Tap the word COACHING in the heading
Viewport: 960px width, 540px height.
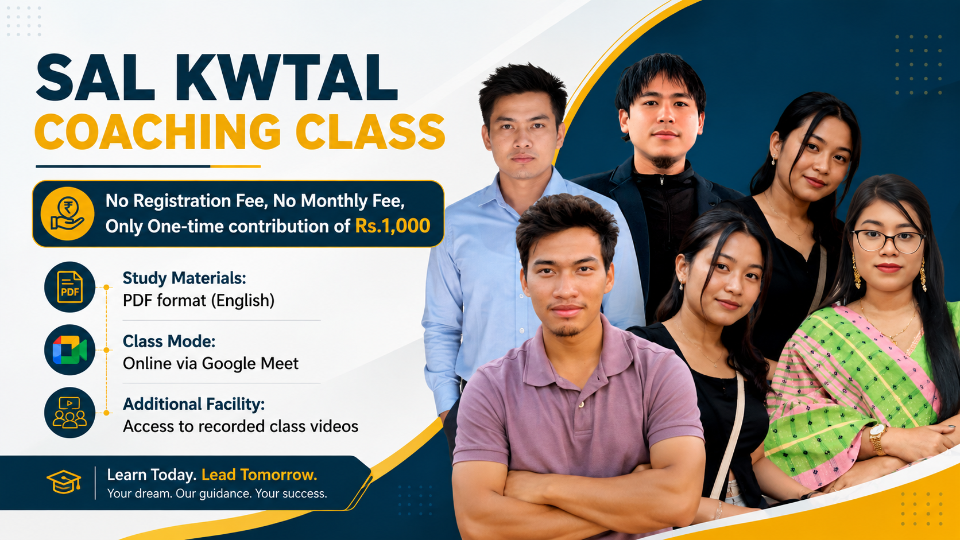pos(157,131)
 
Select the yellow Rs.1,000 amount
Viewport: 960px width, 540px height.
pos(393,226)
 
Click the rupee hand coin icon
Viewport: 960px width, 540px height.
pos(67,213)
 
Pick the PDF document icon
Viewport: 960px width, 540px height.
pos(70,286)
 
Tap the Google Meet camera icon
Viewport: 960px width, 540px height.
pos(70,349)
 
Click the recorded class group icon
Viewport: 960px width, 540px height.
pos(70,413)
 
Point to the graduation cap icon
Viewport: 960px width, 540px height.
pos(64,482)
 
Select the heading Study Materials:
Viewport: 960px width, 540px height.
pos(184,278)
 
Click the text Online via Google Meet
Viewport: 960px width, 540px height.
pos(210,364)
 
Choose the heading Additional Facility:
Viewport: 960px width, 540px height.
pos(193,404)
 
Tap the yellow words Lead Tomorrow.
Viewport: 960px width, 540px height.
pos(260,475)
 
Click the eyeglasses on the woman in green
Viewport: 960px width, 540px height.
pos(888,242)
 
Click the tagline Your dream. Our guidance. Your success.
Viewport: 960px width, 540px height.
pos(217,494)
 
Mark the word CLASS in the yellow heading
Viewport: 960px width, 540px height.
pos(370,131)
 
